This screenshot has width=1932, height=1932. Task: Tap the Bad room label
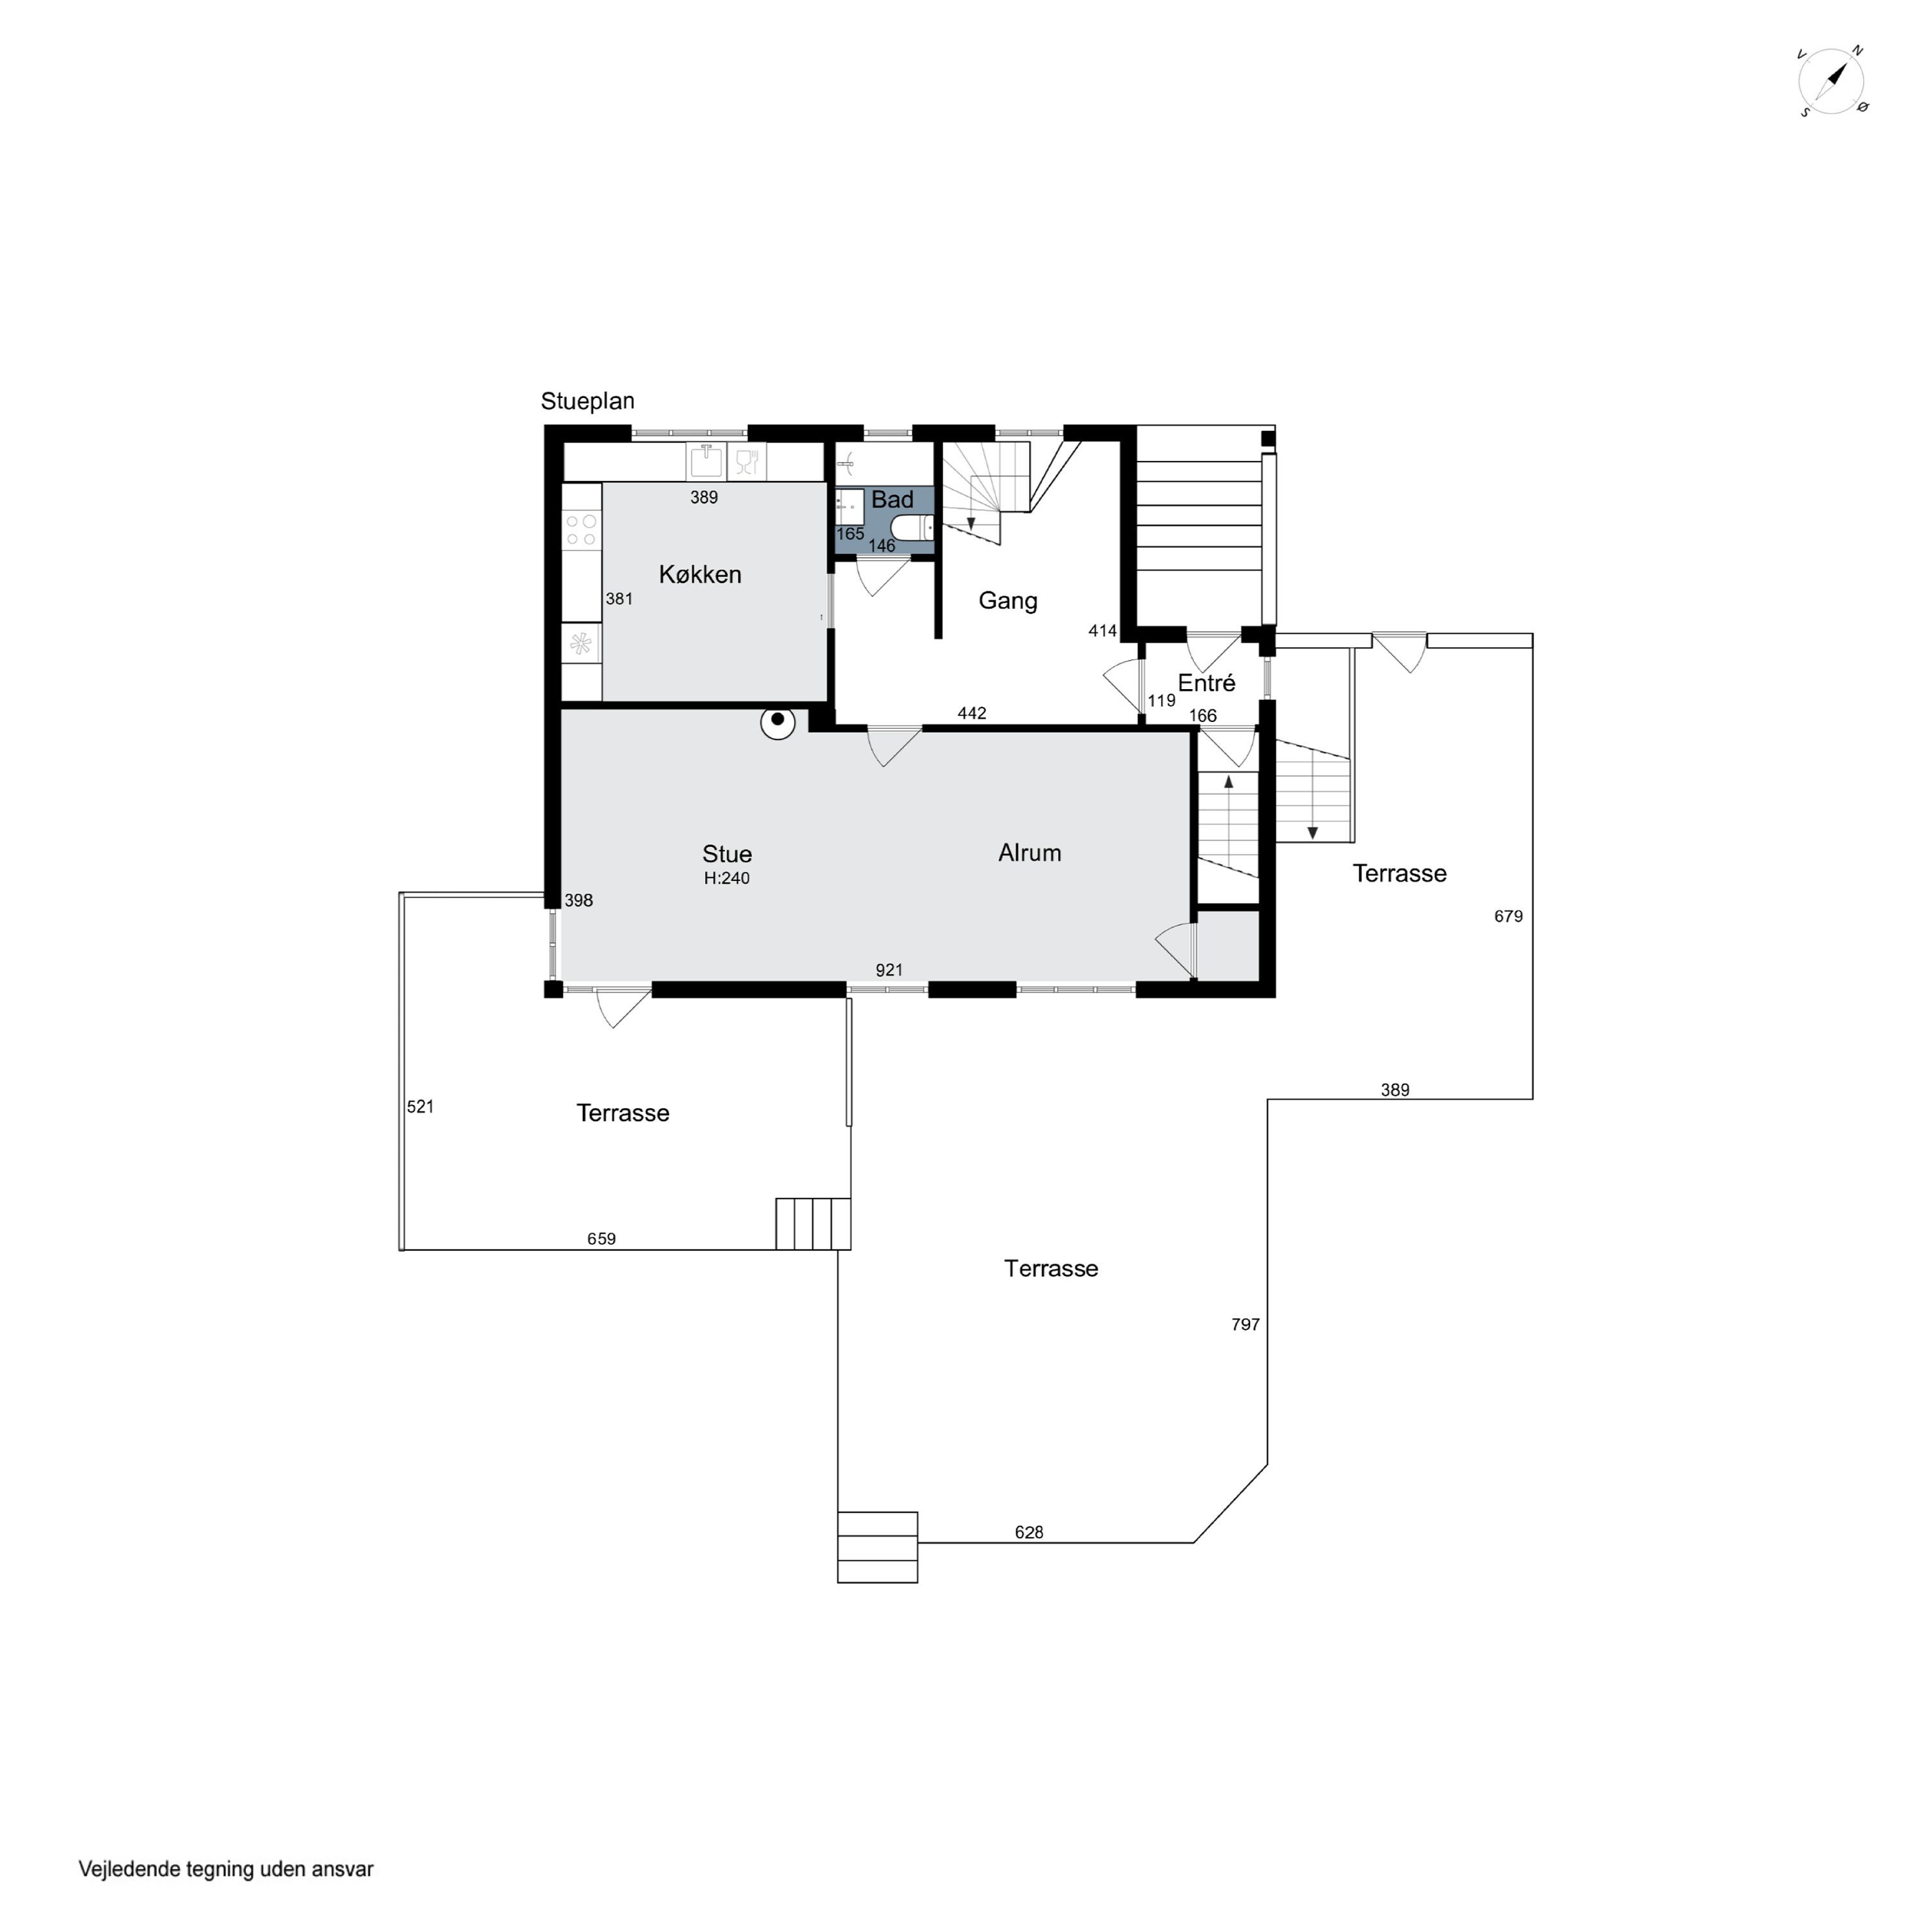click(x=892, y=500)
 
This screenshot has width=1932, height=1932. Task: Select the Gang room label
click(x=1008, y=601)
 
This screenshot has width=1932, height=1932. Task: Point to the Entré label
click(x=1207, y=683)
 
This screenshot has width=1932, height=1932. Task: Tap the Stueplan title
click(x=588, y=401)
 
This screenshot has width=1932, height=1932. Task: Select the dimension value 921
click(x=889, y=970)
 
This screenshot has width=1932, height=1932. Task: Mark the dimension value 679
click(x=1509, y=916)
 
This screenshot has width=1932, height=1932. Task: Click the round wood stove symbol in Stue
click(x=778, y=722)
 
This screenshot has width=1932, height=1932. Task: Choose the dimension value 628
click(x=1029, y=1532)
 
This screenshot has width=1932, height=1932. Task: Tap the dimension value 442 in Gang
click(x=972, y=713)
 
